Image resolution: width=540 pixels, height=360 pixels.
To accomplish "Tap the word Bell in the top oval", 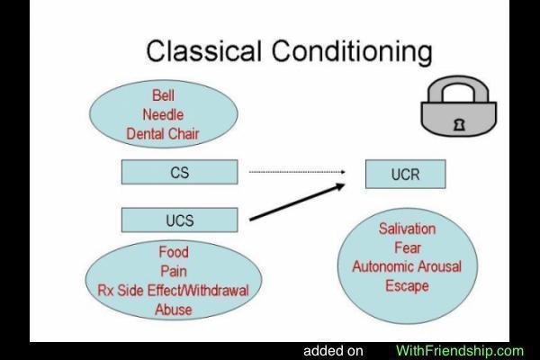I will [163, 95].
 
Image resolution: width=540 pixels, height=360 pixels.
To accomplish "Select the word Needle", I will [163, 114].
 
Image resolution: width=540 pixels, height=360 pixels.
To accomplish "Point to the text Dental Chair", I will [163, 134].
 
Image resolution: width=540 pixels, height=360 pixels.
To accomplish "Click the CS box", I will [179, 172].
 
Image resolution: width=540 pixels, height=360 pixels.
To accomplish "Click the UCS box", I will [179, 220].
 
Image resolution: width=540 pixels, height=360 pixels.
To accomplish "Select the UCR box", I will [406, 174].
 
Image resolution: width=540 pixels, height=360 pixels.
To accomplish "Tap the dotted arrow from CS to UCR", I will [297, 171].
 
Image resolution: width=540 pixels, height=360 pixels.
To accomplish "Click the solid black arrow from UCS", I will [297, 202].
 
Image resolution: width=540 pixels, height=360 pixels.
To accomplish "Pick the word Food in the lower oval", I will [173, 252].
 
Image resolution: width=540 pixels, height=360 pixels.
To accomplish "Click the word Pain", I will [173, 271].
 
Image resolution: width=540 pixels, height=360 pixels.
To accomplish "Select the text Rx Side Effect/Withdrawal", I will [173, 290].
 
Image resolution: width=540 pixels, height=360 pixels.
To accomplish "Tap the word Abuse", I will [173, 309].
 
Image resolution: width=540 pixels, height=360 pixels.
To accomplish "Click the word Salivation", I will [407, 229].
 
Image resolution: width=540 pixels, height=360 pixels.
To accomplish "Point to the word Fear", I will [407, 247].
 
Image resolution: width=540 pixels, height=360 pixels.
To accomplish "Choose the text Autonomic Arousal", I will [407, 266].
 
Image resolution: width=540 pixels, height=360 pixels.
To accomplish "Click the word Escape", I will [407, 286].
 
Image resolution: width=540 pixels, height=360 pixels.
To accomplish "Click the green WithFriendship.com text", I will [459, 351].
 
